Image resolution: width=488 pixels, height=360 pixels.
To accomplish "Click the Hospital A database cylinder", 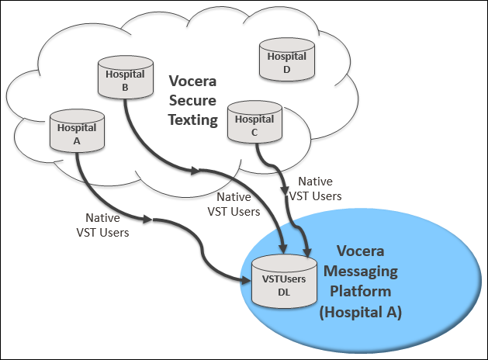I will [x=77, y=131].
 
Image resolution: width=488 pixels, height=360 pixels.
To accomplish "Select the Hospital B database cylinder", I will [x=125, y=76].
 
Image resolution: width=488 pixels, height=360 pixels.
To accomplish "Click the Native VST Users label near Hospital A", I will [x=102, y=224].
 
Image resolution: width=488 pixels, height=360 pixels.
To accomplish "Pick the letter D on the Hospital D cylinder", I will [x=286, y=68].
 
